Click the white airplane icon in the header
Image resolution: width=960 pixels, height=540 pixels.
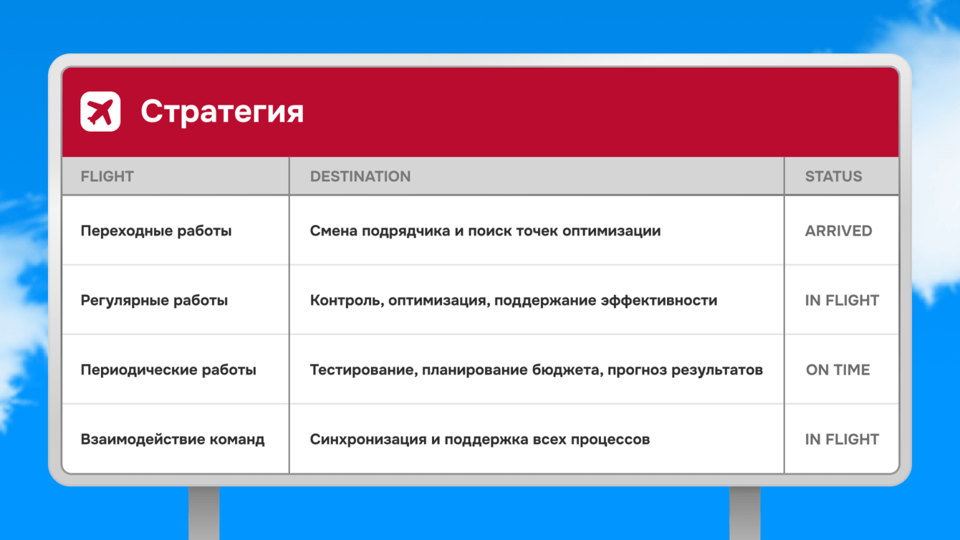coord(100,112)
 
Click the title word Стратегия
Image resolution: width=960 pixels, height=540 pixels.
coord(222,112)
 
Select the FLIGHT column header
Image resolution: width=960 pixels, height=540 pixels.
coord(107,176)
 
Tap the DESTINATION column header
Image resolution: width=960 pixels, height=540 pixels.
coord(360,176)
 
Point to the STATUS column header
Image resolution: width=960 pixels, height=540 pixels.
coord(833,176)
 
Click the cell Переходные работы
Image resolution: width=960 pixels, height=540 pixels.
coord(156,231)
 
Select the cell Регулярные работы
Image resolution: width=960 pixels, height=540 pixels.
coord(154,300)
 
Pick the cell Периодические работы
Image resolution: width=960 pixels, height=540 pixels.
coord(168,370)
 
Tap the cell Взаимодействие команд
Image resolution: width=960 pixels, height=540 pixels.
coord(173,439)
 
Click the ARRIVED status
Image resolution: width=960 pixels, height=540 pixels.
coord(838,231)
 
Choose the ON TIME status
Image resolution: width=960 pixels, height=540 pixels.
coord(838,370)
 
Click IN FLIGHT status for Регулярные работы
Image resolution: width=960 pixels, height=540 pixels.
coord(842,300)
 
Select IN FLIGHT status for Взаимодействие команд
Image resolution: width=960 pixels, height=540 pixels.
coord(842,439)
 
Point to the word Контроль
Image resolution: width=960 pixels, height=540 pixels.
coord(346,301)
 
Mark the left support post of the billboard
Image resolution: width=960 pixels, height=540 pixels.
coord(204,513)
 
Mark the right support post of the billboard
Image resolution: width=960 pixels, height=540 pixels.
coord(745,513)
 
